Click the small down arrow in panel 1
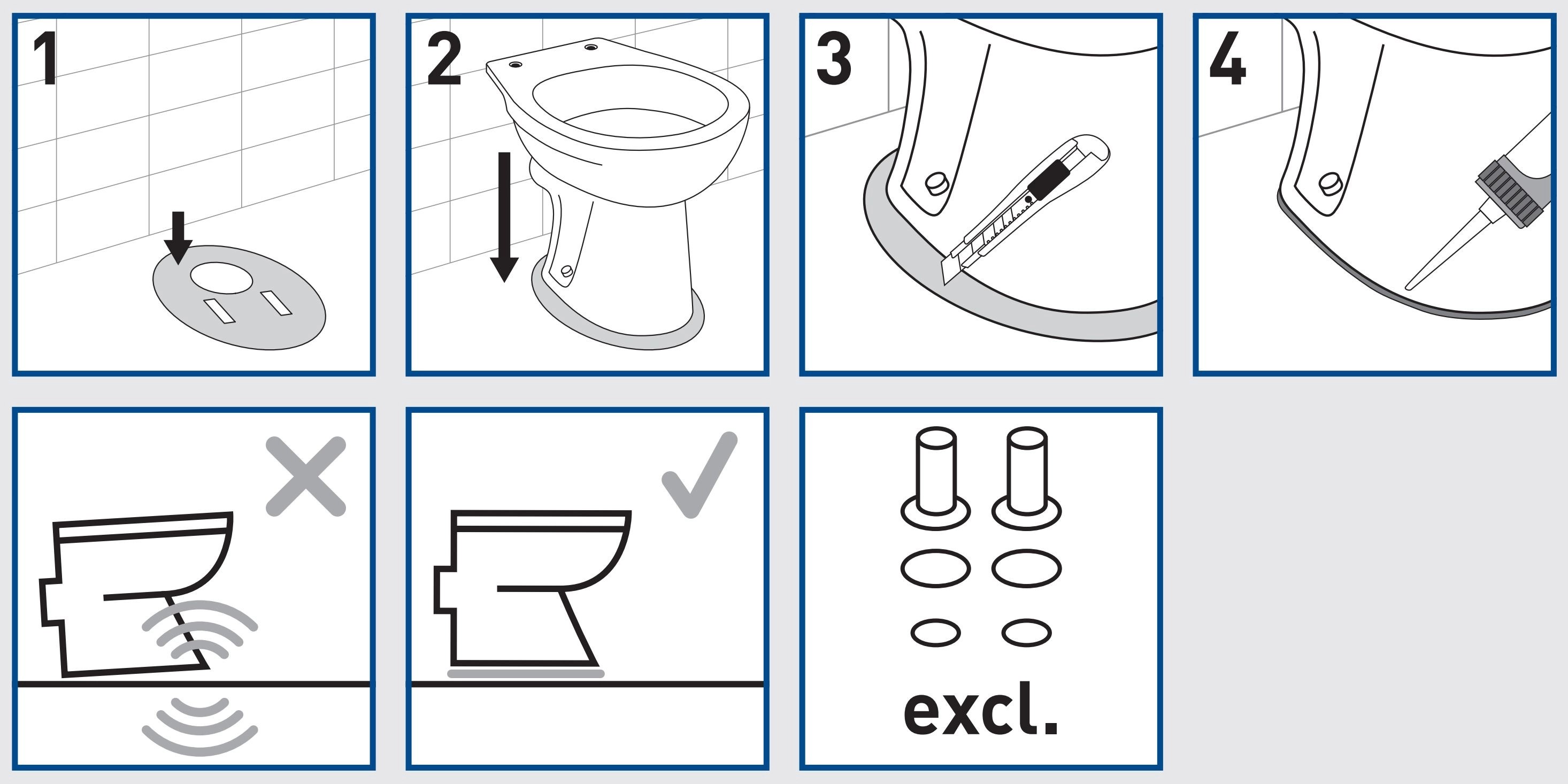(x=178, y=238)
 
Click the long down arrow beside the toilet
(x=504, y=217)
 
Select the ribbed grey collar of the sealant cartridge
(x=1506, y=190)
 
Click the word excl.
(x=981, y=708)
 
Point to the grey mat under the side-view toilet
(x=526, y=673)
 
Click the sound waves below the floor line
(x=199, y=726)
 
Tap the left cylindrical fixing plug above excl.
(x=935, y=478)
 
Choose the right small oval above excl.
(x=1026, y=633)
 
